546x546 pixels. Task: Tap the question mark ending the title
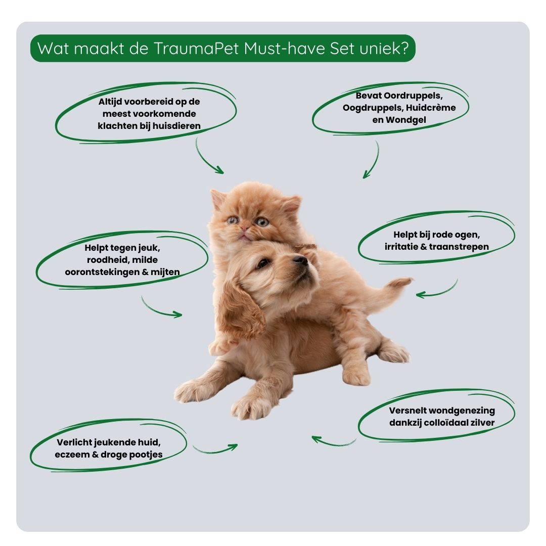[x=404, y=48]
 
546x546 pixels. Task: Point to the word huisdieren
[x=176, y=126]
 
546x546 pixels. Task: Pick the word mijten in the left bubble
[x=165, y=272]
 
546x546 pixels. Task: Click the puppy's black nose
[x=300, y=259]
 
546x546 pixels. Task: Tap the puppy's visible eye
[x=262, y=263]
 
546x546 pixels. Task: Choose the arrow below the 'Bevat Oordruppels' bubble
[x=373, y=160]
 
